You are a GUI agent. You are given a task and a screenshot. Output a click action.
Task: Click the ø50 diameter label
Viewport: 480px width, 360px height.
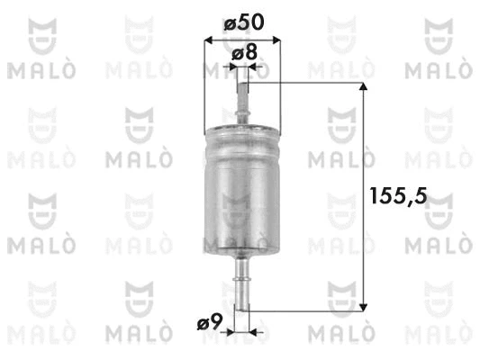(x=243, y=21)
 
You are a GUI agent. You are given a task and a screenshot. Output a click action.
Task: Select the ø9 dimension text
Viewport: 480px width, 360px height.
(x=210, y=320)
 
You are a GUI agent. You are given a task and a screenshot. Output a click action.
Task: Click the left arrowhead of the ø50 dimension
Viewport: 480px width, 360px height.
(x=210, y=40)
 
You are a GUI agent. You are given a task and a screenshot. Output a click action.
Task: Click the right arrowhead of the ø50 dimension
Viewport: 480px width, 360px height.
(x=276, y=40)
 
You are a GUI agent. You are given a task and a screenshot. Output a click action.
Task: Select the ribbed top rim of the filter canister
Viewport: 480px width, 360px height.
(x=242, y=133)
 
